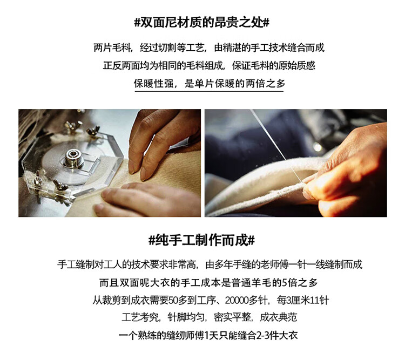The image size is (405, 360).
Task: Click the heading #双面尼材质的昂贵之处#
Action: [202, 23]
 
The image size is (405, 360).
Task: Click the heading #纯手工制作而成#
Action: [202, 240]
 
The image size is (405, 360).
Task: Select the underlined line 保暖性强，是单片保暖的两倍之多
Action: [209, 84]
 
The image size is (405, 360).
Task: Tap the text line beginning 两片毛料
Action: [209, 48]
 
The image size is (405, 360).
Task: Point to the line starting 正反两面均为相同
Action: [209, 66]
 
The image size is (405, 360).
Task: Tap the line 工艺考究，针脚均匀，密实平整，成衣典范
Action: [210, 318]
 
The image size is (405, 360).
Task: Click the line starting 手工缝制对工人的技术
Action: [210, 264]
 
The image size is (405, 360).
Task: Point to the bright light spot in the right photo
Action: [317, 147]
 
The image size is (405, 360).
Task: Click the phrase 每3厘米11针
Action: [303, 300]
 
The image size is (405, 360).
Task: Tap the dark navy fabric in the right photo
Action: [248, 145]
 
